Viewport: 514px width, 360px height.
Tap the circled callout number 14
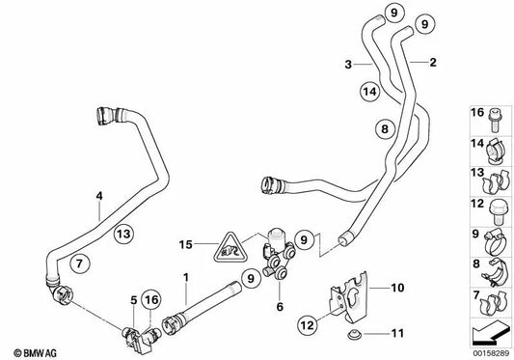pyautogui.click(x=370, y=92)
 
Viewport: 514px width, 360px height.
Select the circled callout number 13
pyautogui.click(x=123, y=234)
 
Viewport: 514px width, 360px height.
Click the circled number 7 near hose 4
pyautogui.click(x=80, y=263)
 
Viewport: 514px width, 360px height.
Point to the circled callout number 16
pyautogui.click(x=151, y=299)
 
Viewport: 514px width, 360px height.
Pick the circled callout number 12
pyautogui.click(x=308, y=325)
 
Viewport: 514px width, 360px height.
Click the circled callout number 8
pyautogui.click(x=385, y=128)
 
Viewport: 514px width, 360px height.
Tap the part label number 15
pyautogui.click(x=185, y=244)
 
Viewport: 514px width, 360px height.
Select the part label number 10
pyautogui.click(x=397, y=288)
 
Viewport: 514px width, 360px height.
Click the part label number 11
pyautogui.click(x=397, y=333)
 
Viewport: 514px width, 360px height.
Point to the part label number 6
pyautogui.click(x=280, y=307)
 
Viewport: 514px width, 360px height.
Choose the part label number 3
pyautogui.click(x=348, y=65)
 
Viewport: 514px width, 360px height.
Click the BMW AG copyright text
pyautogui.click(x=36, y=353)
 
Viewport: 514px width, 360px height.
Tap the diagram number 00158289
pyautogui.click(x=492, y=353)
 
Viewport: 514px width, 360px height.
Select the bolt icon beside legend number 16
pyautogui.click(x=494, y=121)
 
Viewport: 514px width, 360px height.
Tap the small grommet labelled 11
pyautogui.click(x=354, y=335)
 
